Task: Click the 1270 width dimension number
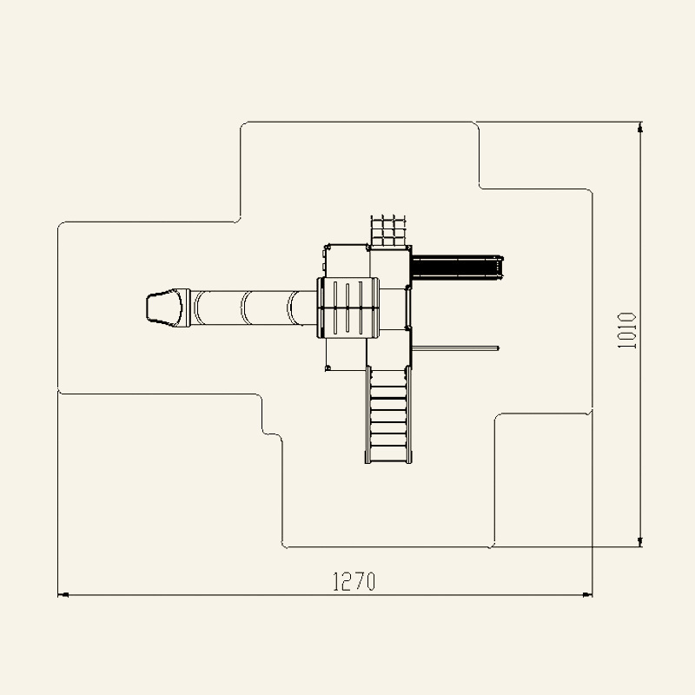click(x=354, y=581)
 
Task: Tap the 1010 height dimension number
click(x=627, y=330)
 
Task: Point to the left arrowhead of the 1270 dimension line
click(x=63, y=595)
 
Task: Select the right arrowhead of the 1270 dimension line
click(x=587, y=595)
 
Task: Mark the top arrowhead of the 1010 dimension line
click(x=639, y=127)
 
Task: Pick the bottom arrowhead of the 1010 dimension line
click(x=639, y=541)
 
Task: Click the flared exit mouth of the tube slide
click(x=164, y=308)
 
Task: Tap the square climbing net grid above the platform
click(x=388, y=230)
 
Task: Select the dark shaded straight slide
click(x=458, y=268)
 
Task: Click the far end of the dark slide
click(x=501, y=268)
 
